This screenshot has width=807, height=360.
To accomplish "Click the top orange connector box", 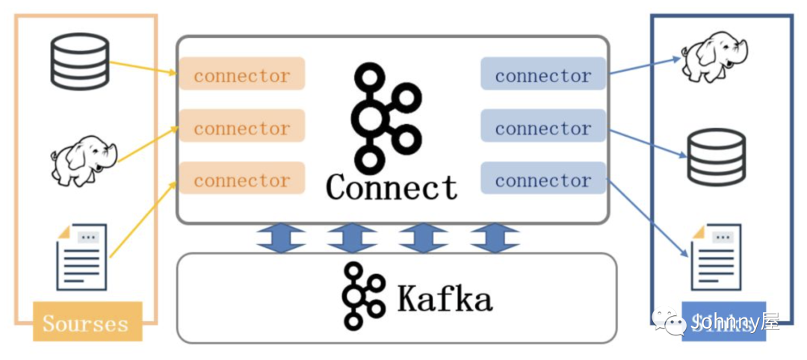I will pyautogui.click(x=242, y=75).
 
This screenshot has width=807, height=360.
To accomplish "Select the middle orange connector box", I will pyautogui.click(x=242, y=128).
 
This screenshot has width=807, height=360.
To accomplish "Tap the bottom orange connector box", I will pyautogui.click(x=242, y=180).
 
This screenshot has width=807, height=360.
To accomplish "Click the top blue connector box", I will pyautogui.click(x=542, y=75).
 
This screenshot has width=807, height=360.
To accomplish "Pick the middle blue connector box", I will pyautogui.click(x=542, y=128).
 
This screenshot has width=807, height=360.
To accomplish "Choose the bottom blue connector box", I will pyautogui.click(x=542, y=180).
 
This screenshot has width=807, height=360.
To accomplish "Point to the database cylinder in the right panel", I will pyautogui.click(x=717, y=156).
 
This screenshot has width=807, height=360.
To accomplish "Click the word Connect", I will pyautogui.click(x=392, y=187).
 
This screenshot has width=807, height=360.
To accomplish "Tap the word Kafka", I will pyautogui.click(x=445, y=299).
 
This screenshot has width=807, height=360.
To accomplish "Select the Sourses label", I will pyautogui.click(x=86, y=323).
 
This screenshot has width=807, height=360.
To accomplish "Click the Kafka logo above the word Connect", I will pyautogui.click(x=384, y=116).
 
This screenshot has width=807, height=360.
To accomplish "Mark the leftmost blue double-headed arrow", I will pyautogui.click(x=281, y=238).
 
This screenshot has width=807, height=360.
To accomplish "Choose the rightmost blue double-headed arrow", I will pyautogui.click(x=495, y=238).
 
